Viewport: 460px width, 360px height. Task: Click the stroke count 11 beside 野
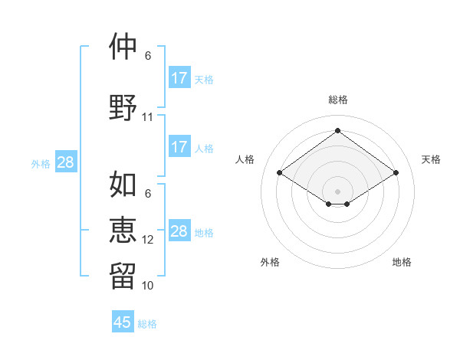(148, 117)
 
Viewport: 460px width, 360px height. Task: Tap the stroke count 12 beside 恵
(148, 240)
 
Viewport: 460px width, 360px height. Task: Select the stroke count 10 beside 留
(148, 285)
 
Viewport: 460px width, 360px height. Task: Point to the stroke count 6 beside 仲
(148, 56)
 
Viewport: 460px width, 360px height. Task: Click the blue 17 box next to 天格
(179, 78)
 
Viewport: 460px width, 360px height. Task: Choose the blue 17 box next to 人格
(179, 147)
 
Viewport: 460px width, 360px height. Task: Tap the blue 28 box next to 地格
(179, 231)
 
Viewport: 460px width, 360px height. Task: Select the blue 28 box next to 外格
(65, 162)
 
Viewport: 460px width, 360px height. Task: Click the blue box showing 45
(123, 322)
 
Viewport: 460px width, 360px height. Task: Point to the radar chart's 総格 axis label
(338, 100)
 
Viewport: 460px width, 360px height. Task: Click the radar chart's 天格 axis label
(431, 159)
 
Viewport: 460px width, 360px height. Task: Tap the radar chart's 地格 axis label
(402, 262)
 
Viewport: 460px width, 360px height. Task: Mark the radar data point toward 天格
(396, 173)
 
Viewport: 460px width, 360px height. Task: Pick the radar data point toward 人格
(280, 173)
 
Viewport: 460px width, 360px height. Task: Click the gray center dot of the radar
(338, 190)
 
